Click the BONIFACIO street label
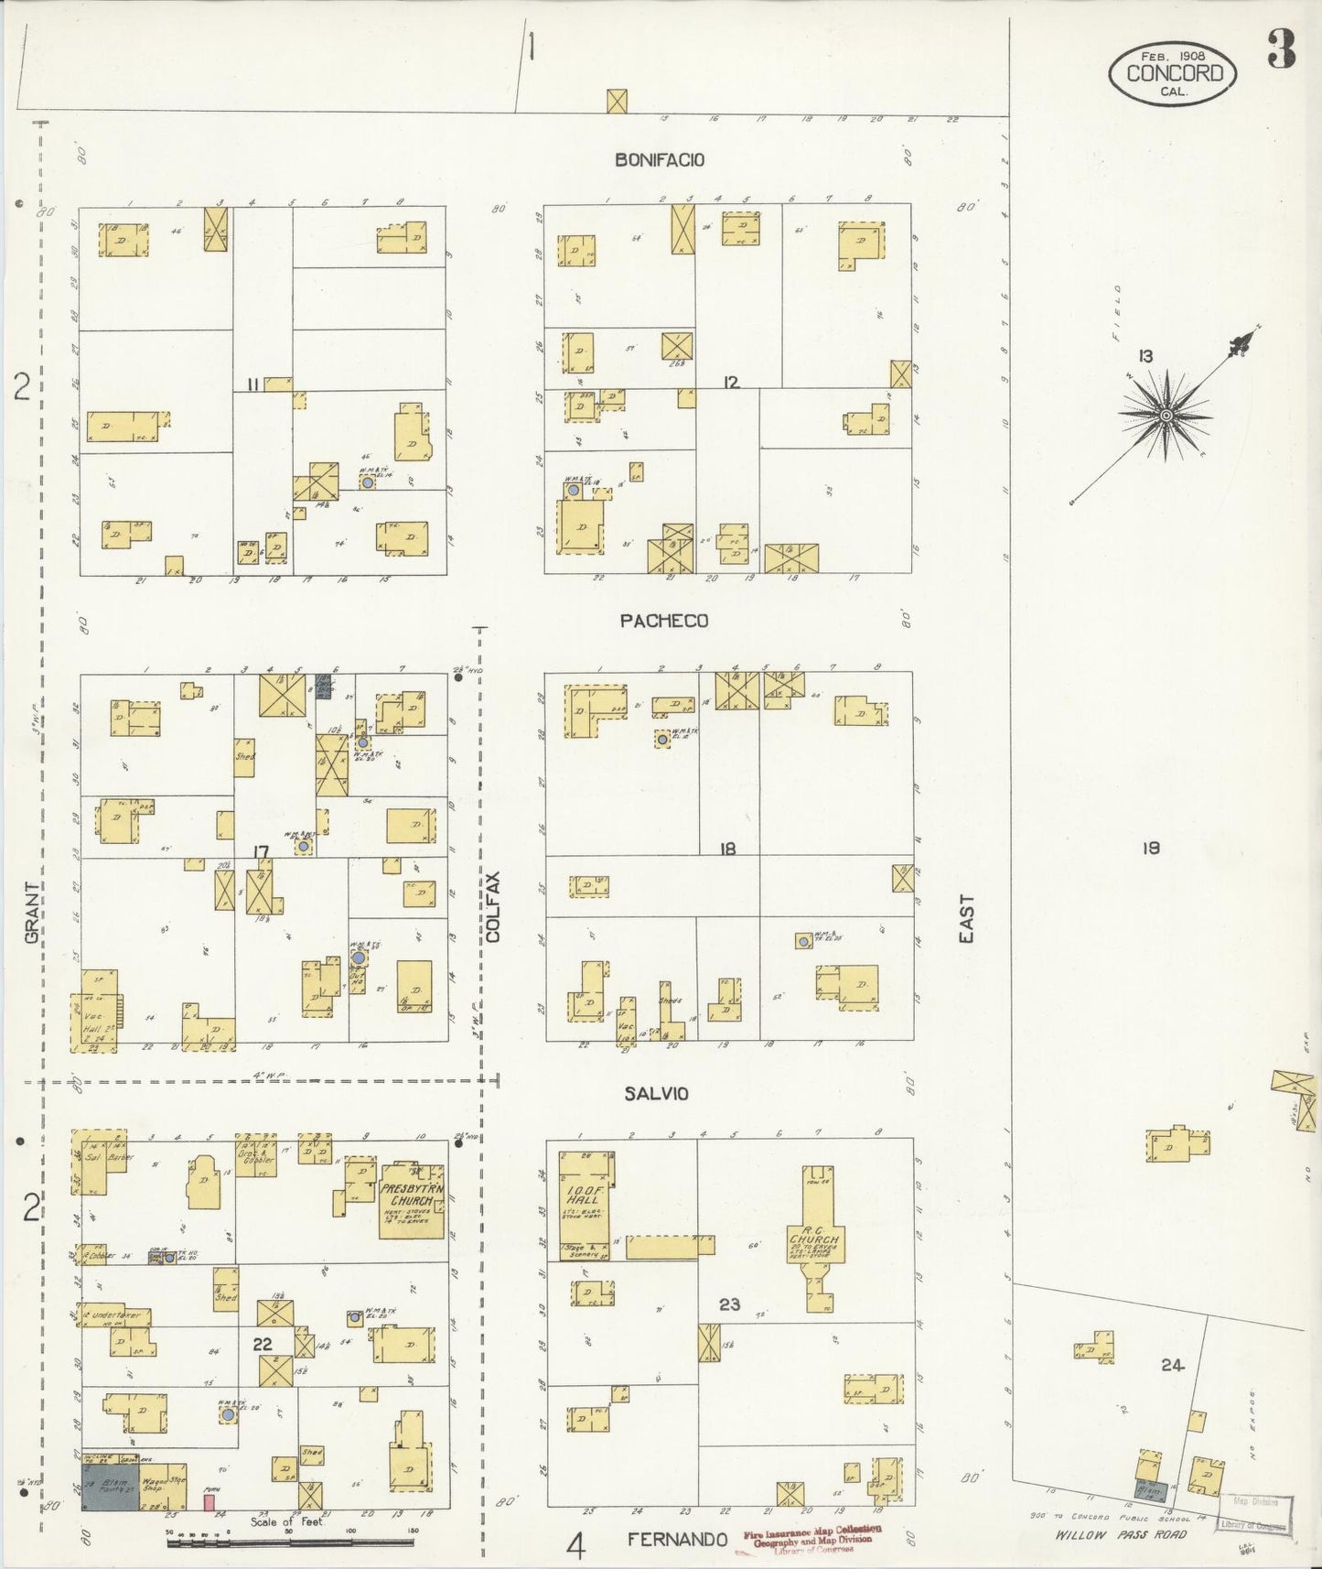pos(660,159)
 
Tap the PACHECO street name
pos(663,621)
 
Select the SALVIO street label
pos(656,1093)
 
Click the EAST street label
pos(966,918)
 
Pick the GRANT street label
pos(32,913)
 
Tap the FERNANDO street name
pos(677,1540)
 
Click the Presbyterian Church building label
pos(412,1195)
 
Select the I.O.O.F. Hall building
pos(583,1198)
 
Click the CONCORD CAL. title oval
pos(1173,73)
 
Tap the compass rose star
pos(1166,416)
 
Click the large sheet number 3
pos(1281,49)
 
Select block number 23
pos(729,1304)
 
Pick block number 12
pos(730,383)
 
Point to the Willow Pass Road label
pos(1120,1534)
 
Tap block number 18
pos(727,849)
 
